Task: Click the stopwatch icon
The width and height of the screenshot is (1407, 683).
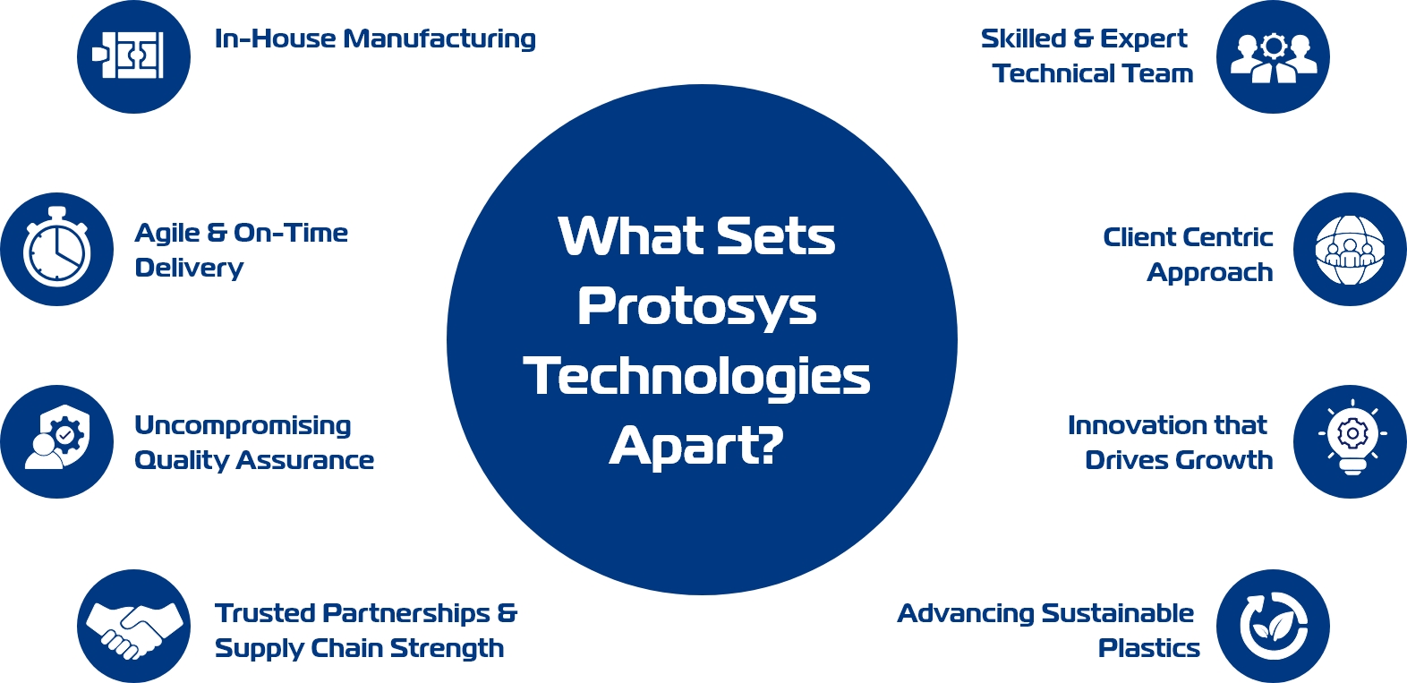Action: (56, 248)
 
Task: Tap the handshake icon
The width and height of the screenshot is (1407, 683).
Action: (133, 630)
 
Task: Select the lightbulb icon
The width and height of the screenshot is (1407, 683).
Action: (1352, 438)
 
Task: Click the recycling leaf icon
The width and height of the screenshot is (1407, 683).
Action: (1274, 626)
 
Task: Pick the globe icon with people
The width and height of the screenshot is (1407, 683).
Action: (1350, 250)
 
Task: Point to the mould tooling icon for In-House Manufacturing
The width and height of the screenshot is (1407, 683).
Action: (128, 55)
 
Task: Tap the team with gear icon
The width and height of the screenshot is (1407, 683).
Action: (1274, 57)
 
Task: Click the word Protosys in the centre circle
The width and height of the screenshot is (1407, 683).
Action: (696, 309)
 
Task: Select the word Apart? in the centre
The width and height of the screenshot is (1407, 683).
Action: (696, 447)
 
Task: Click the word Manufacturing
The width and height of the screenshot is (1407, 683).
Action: (439, 39)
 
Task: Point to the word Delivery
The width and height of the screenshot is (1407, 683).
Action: (189, 269)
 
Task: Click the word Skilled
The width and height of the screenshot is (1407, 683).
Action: (1024, 39)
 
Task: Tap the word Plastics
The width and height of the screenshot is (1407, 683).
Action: (1149, 648)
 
